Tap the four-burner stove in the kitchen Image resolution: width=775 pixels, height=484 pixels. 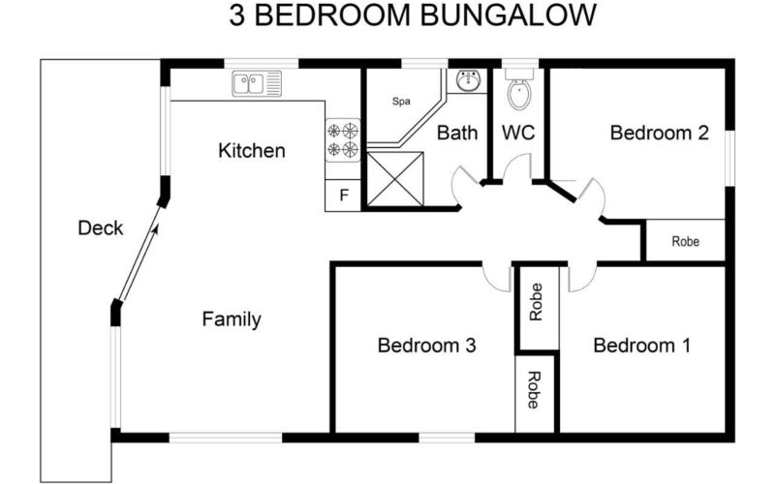point(342,138)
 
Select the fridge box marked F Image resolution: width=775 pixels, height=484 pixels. point(342,196)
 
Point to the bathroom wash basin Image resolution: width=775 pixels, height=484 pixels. point(470,80)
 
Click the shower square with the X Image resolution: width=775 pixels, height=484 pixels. point(395,179)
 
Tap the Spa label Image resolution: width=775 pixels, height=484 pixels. point(401,101)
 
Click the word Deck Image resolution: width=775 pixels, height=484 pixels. point(101,228)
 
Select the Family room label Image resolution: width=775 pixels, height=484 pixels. point(232,318)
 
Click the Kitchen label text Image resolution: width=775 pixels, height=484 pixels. point(252,151)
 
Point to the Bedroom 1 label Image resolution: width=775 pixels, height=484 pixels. point(641,346)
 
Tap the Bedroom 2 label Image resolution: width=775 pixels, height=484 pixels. point(659,134)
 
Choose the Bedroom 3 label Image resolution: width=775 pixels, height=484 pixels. point(426,346)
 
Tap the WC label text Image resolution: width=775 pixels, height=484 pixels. point(518,134)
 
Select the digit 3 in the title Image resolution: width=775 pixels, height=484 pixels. point(235,16)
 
